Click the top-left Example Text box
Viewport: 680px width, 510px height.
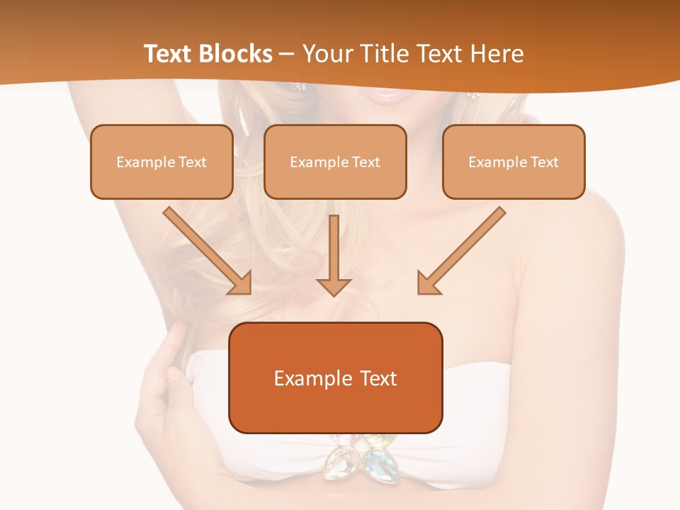(x=161, y=161)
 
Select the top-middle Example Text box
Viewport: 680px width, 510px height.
(x=335, y=161)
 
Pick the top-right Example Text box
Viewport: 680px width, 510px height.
(x=514, y=161)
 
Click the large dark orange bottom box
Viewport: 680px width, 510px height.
(x=335, y=378)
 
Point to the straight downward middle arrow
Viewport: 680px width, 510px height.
(x=334, y=251)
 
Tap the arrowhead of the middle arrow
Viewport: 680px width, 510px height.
(x=334, y=286)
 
